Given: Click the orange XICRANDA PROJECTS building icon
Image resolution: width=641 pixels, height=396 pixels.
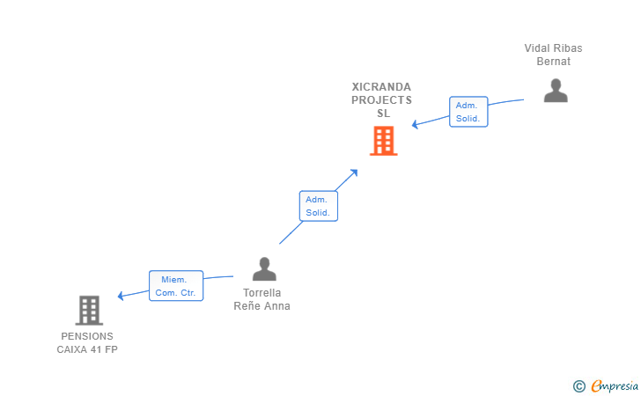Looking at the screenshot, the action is pos(384,141).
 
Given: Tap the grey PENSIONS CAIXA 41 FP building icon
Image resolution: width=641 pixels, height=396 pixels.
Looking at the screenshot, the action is pos(89,310).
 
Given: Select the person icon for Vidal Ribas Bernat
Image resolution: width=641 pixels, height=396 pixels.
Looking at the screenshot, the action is pos(556,91).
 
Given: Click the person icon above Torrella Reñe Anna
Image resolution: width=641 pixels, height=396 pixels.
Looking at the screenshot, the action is pos(264,269).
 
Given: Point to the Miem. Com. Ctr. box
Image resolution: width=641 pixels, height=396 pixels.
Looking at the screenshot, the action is pos(176,286).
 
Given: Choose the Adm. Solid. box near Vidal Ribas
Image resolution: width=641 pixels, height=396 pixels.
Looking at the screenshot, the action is pos(468,112).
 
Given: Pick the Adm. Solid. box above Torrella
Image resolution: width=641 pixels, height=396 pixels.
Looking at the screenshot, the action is pos(319,206).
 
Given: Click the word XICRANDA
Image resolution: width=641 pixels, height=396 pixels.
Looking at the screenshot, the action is pos(381,87).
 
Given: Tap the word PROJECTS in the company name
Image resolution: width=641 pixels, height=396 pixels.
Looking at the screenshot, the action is pos(381,100).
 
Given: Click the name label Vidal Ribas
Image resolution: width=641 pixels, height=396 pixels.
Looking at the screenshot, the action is pos(553,48).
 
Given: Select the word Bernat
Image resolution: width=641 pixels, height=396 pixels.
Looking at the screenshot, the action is pos(553,62).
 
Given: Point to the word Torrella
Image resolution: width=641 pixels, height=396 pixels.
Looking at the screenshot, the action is pos(262,293).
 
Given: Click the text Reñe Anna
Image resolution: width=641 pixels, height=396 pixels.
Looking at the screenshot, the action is pos(262,306).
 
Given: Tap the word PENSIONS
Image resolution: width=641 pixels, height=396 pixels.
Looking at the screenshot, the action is pos(87,336).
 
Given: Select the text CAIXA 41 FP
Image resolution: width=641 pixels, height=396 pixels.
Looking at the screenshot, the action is pos(87,349).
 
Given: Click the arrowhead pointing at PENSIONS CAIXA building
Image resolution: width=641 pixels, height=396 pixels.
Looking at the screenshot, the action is pos(121,296).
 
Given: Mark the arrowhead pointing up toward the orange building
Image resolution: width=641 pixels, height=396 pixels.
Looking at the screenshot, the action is pos(354,172).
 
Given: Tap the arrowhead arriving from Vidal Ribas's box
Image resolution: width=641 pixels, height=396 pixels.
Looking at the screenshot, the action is pos(415,124).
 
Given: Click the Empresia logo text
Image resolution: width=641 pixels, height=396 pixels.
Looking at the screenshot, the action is pos(615,385).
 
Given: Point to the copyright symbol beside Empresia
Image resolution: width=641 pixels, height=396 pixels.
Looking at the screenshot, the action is pos(578,386).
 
